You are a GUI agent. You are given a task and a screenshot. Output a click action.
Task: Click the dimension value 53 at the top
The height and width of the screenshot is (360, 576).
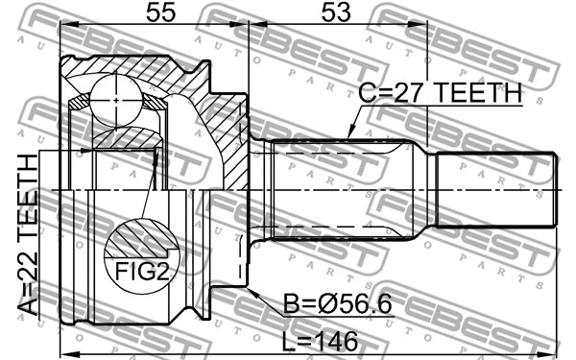click(x=336, y=14)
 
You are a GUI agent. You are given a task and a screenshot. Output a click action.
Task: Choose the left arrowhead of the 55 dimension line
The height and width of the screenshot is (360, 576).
click(x=63, y=27)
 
